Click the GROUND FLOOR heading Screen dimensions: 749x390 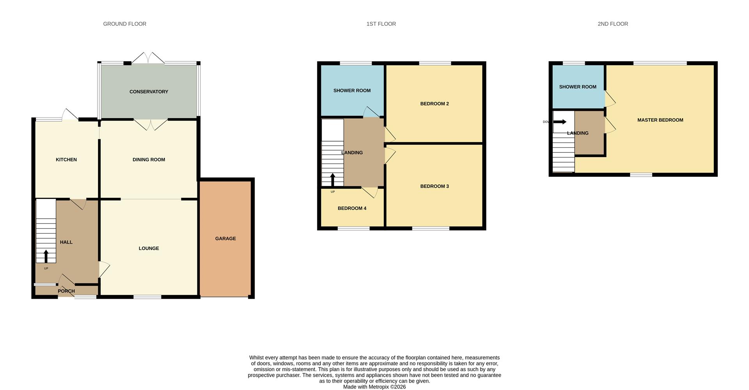coord(124,24)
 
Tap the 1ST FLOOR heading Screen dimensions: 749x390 coord(381,24)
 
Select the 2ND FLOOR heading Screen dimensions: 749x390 coord(613,24)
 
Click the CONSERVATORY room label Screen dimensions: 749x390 coord(149,92)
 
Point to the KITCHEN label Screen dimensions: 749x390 coord(66,160)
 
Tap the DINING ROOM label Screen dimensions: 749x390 coord(149,160)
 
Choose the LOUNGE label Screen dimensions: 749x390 coord(149,248)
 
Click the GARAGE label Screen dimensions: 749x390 coord(225,239)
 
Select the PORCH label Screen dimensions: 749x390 coord(66,291)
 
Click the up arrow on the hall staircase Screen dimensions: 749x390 coord(46,256)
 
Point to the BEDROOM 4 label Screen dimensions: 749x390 coord(352,208)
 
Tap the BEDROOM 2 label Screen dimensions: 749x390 coord(435,104)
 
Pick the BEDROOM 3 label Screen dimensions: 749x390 coord(435,186)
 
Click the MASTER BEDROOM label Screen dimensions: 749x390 coord(660,120)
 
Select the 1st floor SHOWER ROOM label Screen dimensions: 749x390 coord(352,90)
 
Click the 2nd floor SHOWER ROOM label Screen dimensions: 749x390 coord(578,87)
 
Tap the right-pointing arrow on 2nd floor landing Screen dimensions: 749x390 coord(560,122)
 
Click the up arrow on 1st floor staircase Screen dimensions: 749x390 coord(333,180)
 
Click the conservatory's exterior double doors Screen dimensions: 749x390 coord(148,58)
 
